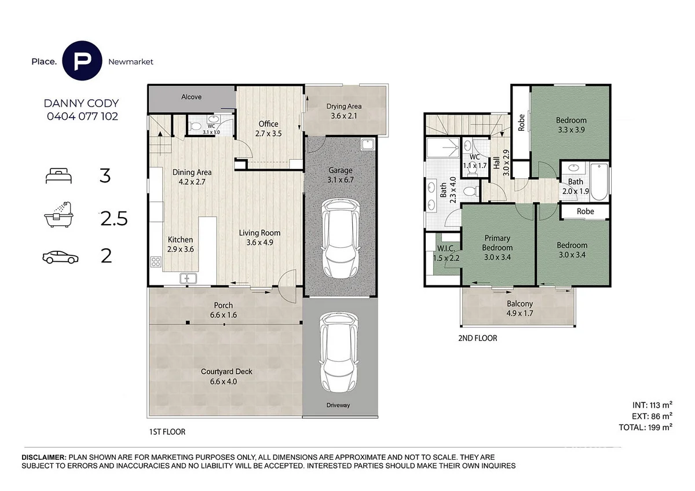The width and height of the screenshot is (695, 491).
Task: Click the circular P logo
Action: click(x=82, y=60)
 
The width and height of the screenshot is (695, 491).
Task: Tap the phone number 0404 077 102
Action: click(x=82, y=116)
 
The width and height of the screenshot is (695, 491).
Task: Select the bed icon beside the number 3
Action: click(x=58, y=176)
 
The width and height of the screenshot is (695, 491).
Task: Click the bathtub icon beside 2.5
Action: click(x=58, y=214)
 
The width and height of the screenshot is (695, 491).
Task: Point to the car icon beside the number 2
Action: click(x=60, y=257)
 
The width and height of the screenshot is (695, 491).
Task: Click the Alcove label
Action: click(x=192, y=97)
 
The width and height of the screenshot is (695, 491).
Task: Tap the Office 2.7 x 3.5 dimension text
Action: click(x=268, y=134)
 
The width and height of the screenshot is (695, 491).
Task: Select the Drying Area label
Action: click(x=344, y=107)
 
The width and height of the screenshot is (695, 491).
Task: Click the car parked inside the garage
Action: click(x=341, y=238)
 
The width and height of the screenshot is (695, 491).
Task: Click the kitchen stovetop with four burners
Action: click(x=156, y=262)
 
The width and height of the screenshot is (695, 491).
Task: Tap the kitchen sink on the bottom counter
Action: click(x=188, y=279)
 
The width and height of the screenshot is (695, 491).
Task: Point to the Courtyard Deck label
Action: click(x=226, y=372)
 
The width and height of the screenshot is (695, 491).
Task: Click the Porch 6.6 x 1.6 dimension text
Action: click(x=224, y=315)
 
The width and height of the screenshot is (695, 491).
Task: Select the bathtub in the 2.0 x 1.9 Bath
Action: click(x=599, y=182)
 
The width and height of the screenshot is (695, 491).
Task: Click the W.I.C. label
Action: click(x=446, y=248)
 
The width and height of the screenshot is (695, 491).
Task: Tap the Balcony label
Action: click(x=520, y=303)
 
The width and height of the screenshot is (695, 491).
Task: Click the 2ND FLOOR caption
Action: click(x=477, y=338)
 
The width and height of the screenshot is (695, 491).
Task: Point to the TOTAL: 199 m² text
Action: click(x=645, y=427)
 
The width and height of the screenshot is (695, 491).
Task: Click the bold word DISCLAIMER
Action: click(x=44, y=457)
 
